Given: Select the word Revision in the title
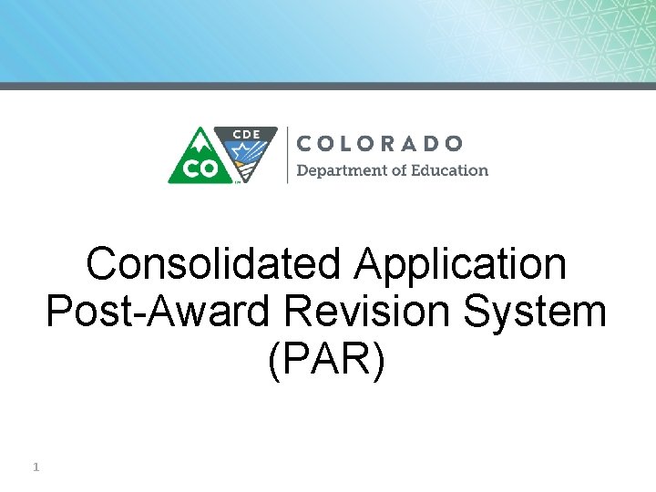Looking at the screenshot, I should pos(374,312).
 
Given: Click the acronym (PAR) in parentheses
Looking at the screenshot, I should pos(327,359).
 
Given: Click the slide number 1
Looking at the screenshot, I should pos(35,467).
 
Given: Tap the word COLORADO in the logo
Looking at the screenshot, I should pos(380,143).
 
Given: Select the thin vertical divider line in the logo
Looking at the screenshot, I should pos(287,155).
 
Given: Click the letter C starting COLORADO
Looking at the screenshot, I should pos(306,143).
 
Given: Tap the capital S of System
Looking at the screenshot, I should pos(480,312).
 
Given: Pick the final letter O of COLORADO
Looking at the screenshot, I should pos(454,143).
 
